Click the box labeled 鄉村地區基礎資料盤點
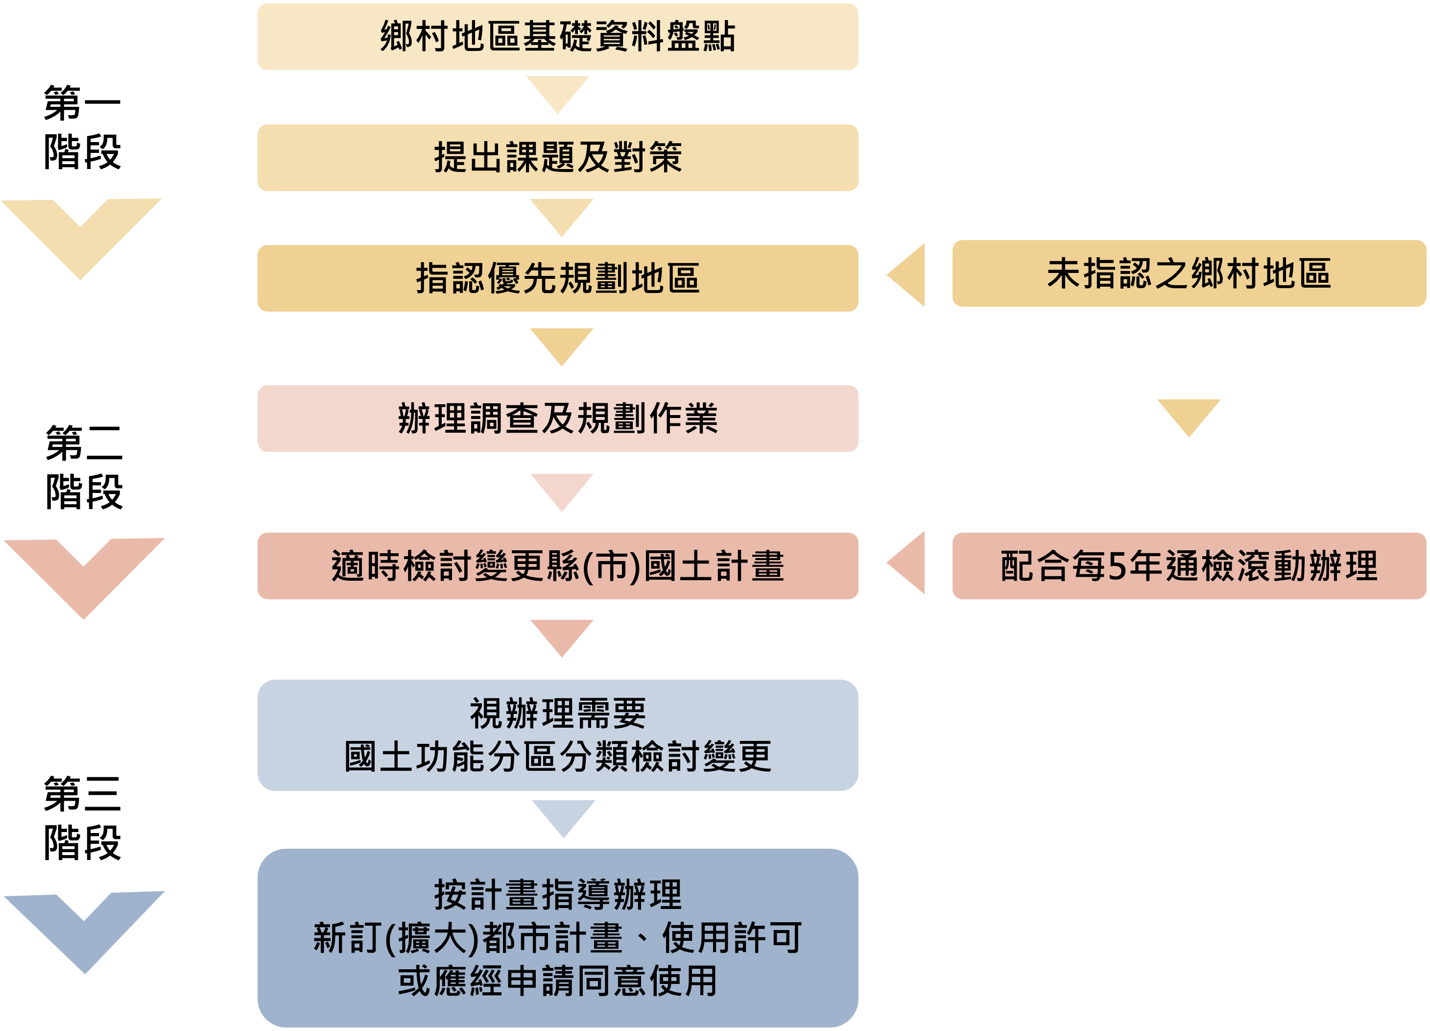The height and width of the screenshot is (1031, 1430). [557, 37]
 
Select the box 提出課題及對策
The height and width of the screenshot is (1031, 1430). [557, 158]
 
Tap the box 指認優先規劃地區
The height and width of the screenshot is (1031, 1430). [557, 278]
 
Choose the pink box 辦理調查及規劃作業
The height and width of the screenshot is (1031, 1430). [557, 418]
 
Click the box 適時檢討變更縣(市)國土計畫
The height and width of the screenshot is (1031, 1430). [557, 566]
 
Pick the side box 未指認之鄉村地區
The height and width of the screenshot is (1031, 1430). [1188, 274]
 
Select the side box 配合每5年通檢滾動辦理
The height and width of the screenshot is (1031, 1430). [1188, 566]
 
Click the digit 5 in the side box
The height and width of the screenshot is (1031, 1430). [1117, 566]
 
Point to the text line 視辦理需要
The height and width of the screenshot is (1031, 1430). [557, 713]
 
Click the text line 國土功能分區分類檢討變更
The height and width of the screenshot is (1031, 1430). [557, 757]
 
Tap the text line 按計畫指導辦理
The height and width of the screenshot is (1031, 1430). [557, 895]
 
